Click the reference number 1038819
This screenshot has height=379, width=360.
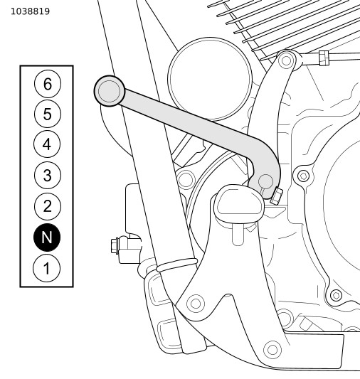[x=30, y=11]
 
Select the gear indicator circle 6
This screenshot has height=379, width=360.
[x=48, y=84]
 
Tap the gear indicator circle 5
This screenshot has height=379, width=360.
[x=48, y=114]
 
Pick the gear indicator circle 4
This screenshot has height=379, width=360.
[x=47, y=144]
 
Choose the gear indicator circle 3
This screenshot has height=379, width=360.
[x=48, y=175]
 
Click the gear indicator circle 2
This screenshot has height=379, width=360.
[x=47, y=206]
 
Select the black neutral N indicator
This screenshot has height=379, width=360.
[x=47, y=237]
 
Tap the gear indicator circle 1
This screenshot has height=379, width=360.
[x=46, y=268]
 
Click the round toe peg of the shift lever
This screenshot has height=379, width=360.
[x=110, y=91]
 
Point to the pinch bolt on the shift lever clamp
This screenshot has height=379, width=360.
[x=276, y=196]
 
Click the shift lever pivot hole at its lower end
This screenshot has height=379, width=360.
[x=265, y=181]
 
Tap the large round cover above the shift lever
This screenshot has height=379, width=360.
[x=210, y=79]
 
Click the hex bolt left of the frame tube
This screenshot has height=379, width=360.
[x=115, y=245]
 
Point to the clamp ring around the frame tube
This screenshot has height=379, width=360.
[x=176, y=265]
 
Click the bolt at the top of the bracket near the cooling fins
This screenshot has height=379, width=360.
[x=287, y=60]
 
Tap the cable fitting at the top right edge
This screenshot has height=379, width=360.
[x=324, y=58]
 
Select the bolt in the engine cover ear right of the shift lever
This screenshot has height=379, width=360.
[x=303, y=176]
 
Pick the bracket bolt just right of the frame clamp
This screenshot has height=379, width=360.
[x=196, y=304]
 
